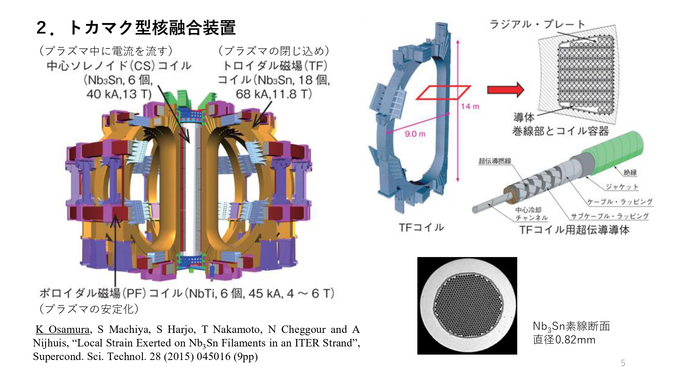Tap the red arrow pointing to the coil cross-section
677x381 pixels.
(505, 90)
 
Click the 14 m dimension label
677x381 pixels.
(470, 106)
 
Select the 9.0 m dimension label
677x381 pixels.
(415, 134)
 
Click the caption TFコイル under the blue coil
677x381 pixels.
(421, 228)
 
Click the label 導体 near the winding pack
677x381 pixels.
(524, 118)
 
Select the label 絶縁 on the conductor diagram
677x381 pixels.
(630, 172)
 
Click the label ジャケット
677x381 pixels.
(622, 187)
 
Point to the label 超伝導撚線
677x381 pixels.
(495, 161)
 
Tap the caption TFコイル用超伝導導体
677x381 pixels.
(574, 230)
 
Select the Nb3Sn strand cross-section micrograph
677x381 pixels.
(467, 305)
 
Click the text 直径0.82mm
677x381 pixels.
(564, 340)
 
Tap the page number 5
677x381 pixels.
(623, 363)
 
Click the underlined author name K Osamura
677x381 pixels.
(63, 330)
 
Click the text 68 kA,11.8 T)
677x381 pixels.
(274, 94)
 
